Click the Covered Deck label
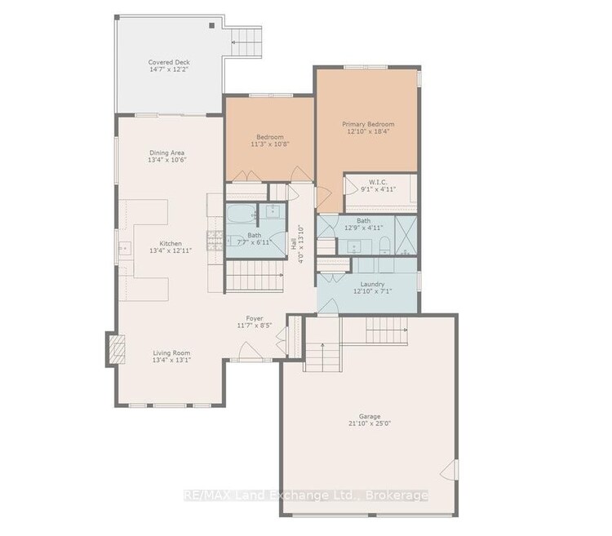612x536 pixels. tap(169, 63)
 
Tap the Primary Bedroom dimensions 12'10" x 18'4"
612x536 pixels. tap(368, 131)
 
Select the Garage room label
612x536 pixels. tap(369, 416)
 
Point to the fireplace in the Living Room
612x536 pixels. tap(117, 349)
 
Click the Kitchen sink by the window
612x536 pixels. tap(126, 248)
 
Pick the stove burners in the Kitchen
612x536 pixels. tap(215, 241)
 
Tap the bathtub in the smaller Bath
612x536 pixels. tap(242, 214)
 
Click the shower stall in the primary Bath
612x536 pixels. tap(406, 236)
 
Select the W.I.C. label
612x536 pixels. tap(378, 182)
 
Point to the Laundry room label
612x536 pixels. tap(372, 284)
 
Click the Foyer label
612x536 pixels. tap(254, 318)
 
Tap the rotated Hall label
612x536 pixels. tap(294, 244)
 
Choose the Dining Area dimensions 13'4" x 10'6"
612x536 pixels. tap(167, 160)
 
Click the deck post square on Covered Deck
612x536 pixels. tap(212, 26)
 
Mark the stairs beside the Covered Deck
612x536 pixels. tap(246, 42)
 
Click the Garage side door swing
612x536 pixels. tap(449, 470)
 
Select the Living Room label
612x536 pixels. tap(171, 352)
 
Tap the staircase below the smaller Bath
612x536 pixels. tap(255, 276)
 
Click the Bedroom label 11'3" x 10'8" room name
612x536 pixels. tap(270, 137)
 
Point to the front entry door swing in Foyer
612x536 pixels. tap(251, 350)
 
